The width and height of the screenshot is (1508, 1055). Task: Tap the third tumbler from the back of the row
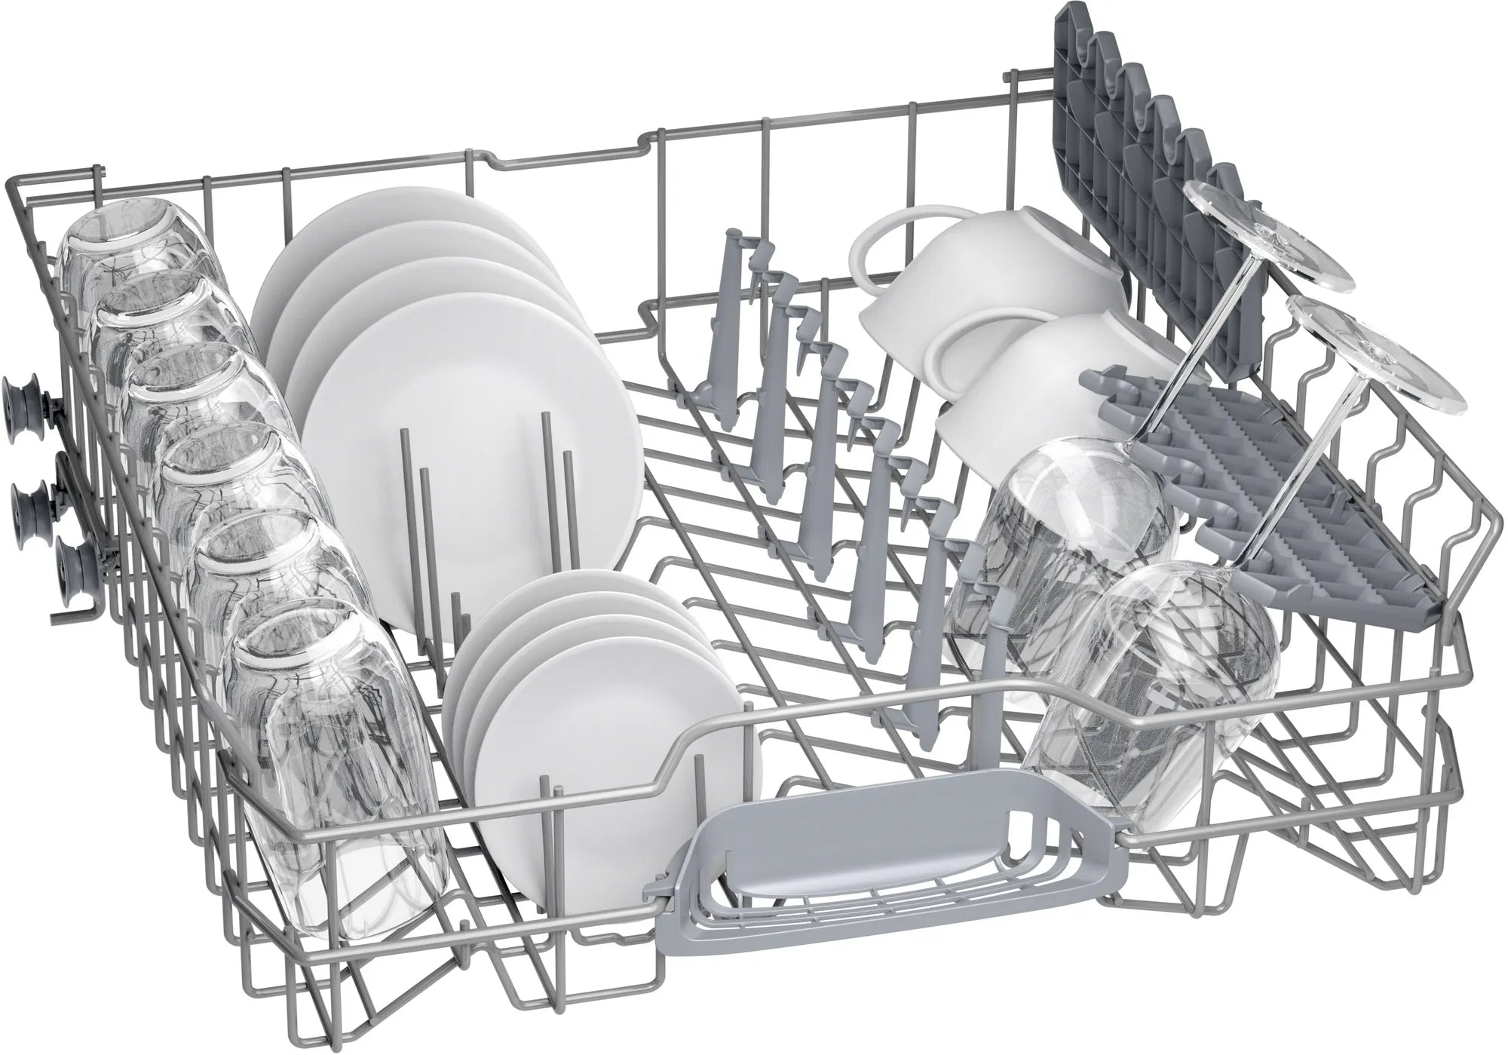[188, 407]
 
